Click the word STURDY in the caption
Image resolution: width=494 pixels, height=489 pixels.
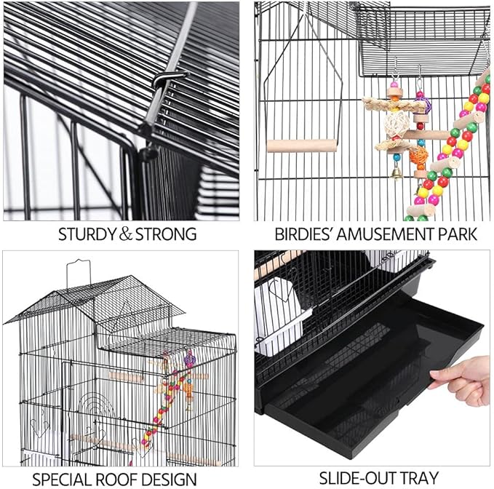[86, 234]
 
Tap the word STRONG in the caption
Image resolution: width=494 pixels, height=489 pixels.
[165, 234]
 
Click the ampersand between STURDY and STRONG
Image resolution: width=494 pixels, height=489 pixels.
[126, 234]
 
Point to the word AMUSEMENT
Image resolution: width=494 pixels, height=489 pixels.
[389, 234]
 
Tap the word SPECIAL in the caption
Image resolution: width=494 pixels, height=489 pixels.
[65, 478]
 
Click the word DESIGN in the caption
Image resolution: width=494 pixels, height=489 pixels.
[170, 478]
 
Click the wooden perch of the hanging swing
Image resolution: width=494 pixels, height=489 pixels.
[301, 146]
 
